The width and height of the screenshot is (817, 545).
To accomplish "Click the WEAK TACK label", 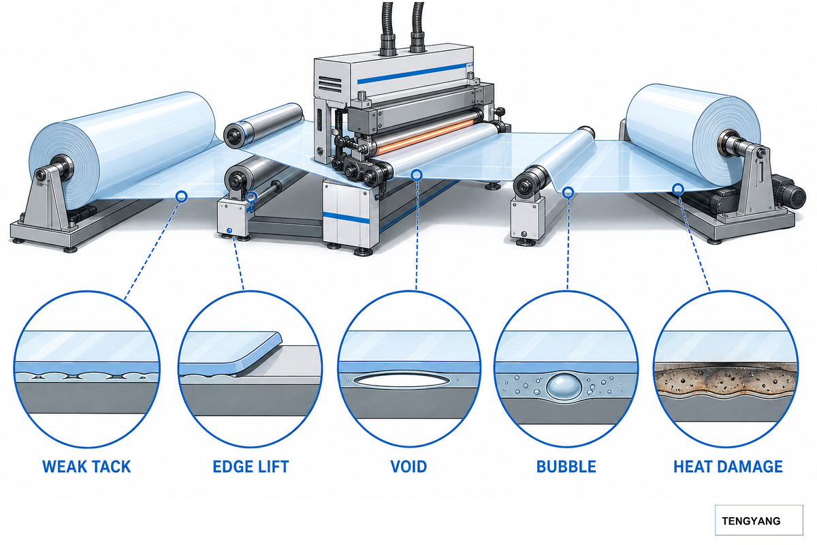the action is coord(86,467).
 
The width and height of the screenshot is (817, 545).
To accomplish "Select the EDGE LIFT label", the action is coord(251,467).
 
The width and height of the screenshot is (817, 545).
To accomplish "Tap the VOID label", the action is coord(408,467).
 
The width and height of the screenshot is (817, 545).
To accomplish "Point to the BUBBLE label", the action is coord(566,467).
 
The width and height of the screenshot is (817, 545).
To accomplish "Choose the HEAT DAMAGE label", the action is coord(728,467).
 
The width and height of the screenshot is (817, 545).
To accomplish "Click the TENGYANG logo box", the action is coord(758,520).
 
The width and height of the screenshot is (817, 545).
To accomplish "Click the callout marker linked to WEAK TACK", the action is coord(182,197).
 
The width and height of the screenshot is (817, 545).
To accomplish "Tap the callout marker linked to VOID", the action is coord(417,175).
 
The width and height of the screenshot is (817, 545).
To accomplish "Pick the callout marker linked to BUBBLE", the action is coord(568,192).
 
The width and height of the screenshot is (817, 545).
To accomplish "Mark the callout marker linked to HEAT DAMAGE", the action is coord(678,189).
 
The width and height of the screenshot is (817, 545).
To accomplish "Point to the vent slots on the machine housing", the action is coord(330,84).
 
